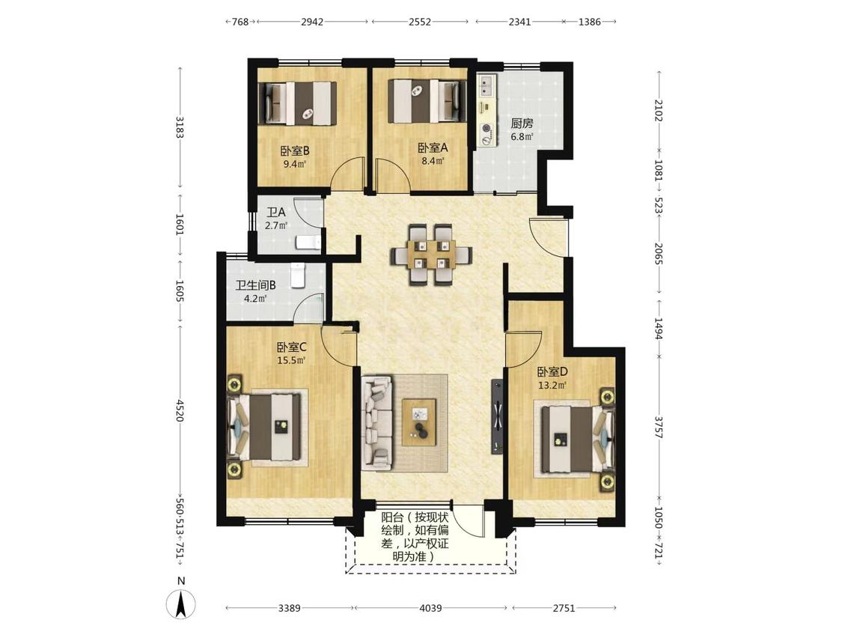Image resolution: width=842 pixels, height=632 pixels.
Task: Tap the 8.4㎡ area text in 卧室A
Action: click(x=433, y=161)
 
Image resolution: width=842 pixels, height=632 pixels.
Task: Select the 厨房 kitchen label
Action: click(x=522, y=123)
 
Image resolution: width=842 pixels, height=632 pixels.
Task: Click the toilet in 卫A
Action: click(x=308, y=243)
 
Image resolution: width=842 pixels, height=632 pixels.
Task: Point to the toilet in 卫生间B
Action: click(x=297, y=275)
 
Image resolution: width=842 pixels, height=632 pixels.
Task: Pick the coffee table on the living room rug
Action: click(x=419, y=422)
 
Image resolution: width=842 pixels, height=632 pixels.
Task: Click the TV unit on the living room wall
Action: click(x=497, y=417)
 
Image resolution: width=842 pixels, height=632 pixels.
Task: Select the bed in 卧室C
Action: click(x=266, y=428)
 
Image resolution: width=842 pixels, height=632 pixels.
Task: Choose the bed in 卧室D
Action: click(x=577, y=439)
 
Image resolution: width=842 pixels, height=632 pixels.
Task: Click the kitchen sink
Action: click(x=487, y=87)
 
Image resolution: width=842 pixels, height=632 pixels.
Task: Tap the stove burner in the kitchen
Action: click(x=487, y=129)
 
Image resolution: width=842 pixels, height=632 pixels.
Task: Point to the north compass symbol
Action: click(x=181, y=604)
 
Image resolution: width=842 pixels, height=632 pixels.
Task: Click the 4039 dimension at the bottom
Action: click(x=430, y=608)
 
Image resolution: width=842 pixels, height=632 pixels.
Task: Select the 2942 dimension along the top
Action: click(x=312, y=22)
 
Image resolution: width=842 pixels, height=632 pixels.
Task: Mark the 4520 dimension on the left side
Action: click(x=180, y=410)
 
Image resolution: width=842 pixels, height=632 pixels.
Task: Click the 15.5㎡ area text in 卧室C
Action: click(x=291, y=361)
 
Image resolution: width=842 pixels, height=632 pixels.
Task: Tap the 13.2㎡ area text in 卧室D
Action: click(x=552, y=385)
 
